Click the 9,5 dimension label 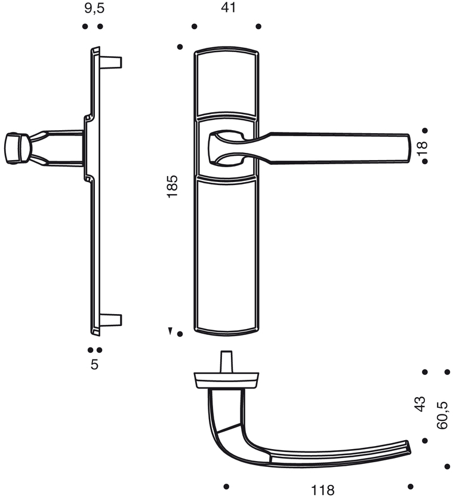(94, 8)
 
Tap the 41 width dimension (229, 8)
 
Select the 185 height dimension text (172, 186)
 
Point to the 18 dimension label (423, 148)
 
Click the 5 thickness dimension (95, 364)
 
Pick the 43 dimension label (420, 404)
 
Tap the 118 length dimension (322, 490)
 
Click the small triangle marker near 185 (171, 331)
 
